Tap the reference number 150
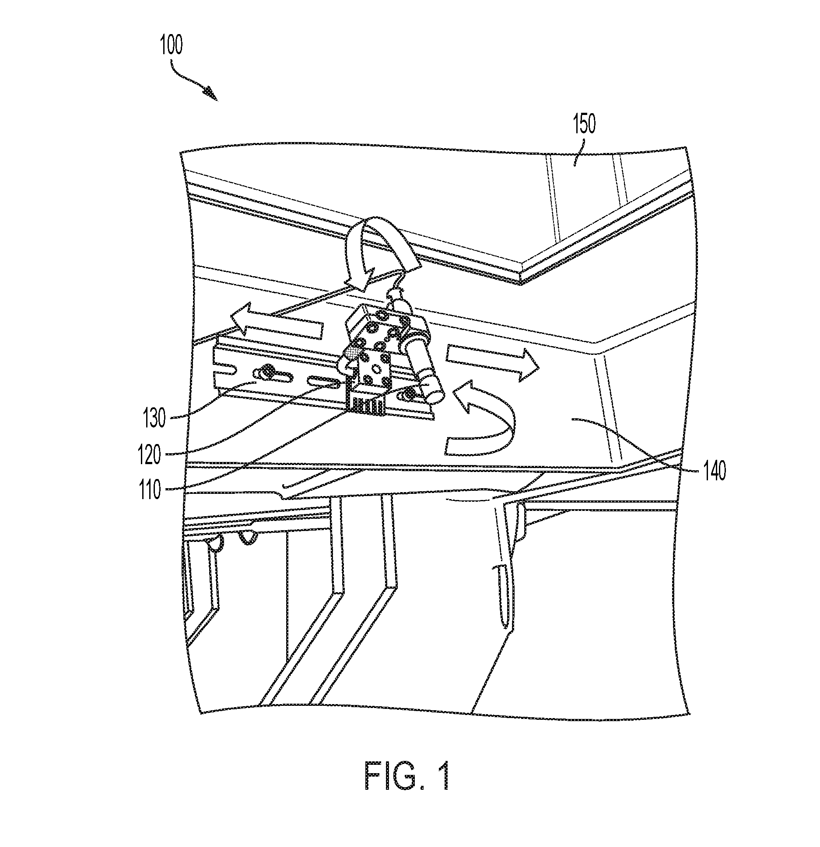tap(584, 125)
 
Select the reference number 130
tap(154, 418)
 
